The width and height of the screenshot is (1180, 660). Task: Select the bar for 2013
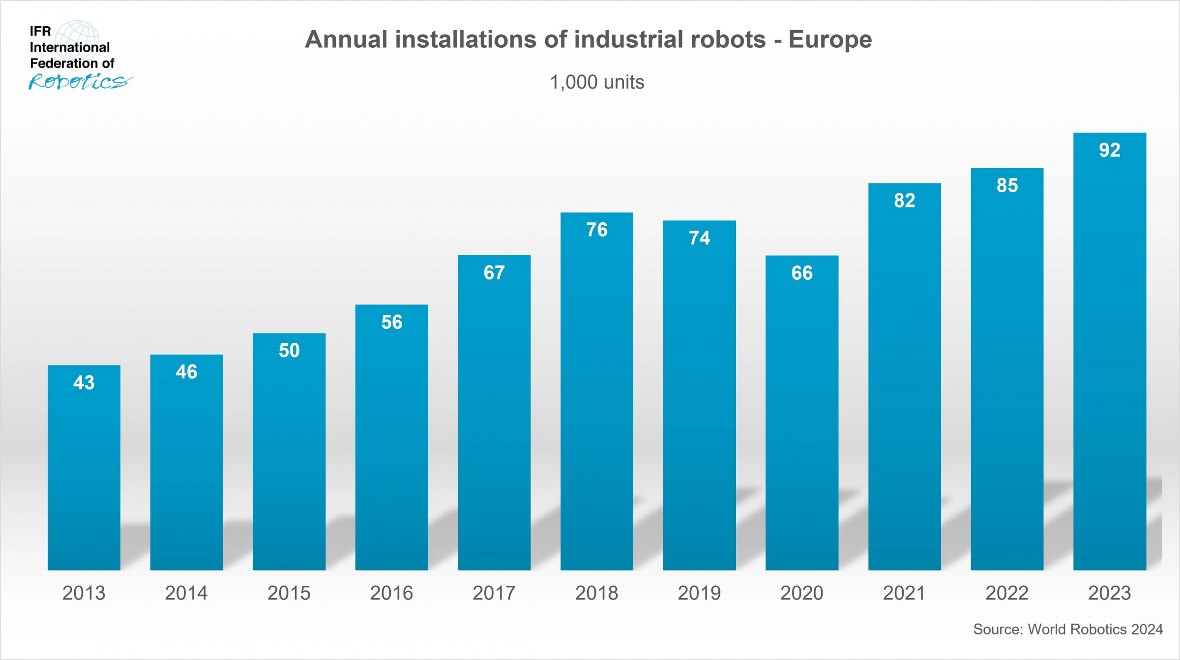point(84,467)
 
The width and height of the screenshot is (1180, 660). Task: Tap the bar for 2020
point(802,413)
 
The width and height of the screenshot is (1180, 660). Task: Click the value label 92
point(1110,150)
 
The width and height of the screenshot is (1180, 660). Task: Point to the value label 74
point(700,238)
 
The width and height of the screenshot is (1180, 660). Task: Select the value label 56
point(392,322)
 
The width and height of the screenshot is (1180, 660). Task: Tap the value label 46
point(187,372)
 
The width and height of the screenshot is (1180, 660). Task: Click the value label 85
point(1007,185)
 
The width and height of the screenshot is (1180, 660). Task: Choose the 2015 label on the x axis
point(289,593)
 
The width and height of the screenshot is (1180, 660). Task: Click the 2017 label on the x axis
point(494,593)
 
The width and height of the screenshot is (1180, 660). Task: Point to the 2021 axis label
point(904,593)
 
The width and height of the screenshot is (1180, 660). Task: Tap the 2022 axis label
point(1007,593)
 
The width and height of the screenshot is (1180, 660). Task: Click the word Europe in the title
point(830,40)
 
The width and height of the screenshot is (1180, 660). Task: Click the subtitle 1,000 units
point(597,82)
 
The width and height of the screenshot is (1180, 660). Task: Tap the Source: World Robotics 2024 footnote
point(1068,630)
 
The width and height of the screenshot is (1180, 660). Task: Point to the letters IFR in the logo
point(40,31)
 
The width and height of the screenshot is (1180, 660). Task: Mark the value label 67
point(494,272)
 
